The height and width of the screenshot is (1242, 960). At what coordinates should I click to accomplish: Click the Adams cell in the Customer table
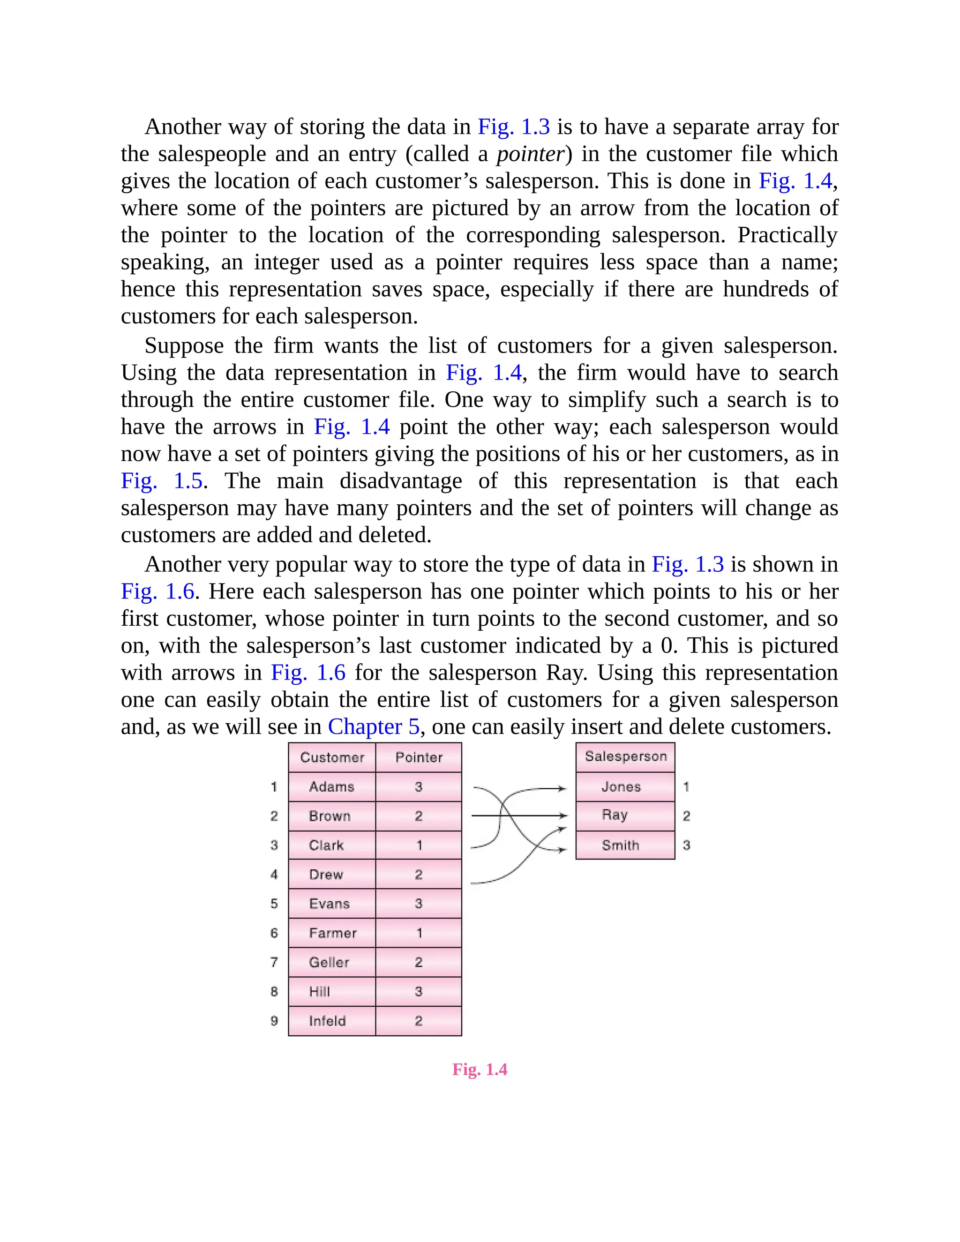331,786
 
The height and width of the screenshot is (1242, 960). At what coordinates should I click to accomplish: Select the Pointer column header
419,757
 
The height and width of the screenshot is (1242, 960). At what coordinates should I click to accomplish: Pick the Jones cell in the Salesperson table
621,786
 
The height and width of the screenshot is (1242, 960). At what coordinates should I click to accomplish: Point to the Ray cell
615,815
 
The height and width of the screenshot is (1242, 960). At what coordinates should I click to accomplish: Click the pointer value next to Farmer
419,933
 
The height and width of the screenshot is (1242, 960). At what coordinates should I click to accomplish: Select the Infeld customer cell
328,1021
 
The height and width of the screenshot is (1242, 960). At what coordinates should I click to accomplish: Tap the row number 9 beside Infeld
274,1021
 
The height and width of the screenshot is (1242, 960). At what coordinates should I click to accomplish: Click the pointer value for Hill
419,991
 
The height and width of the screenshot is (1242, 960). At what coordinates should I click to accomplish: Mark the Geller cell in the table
329,962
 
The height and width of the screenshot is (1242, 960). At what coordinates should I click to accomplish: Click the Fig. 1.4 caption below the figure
480,1070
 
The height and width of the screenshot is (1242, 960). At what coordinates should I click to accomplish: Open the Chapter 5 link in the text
374,727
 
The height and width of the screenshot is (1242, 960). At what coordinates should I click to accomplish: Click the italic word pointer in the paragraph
530,154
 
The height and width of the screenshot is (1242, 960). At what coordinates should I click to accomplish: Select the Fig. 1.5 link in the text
162,481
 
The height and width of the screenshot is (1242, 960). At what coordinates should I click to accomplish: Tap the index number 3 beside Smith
686,845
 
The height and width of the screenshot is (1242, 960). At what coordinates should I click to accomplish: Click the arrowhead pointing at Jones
562,789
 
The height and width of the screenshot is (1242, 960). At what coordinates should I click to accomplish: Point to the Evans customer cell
329,904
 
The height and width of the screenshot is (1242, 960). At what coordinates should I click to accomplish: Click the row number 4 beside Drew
274,874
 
